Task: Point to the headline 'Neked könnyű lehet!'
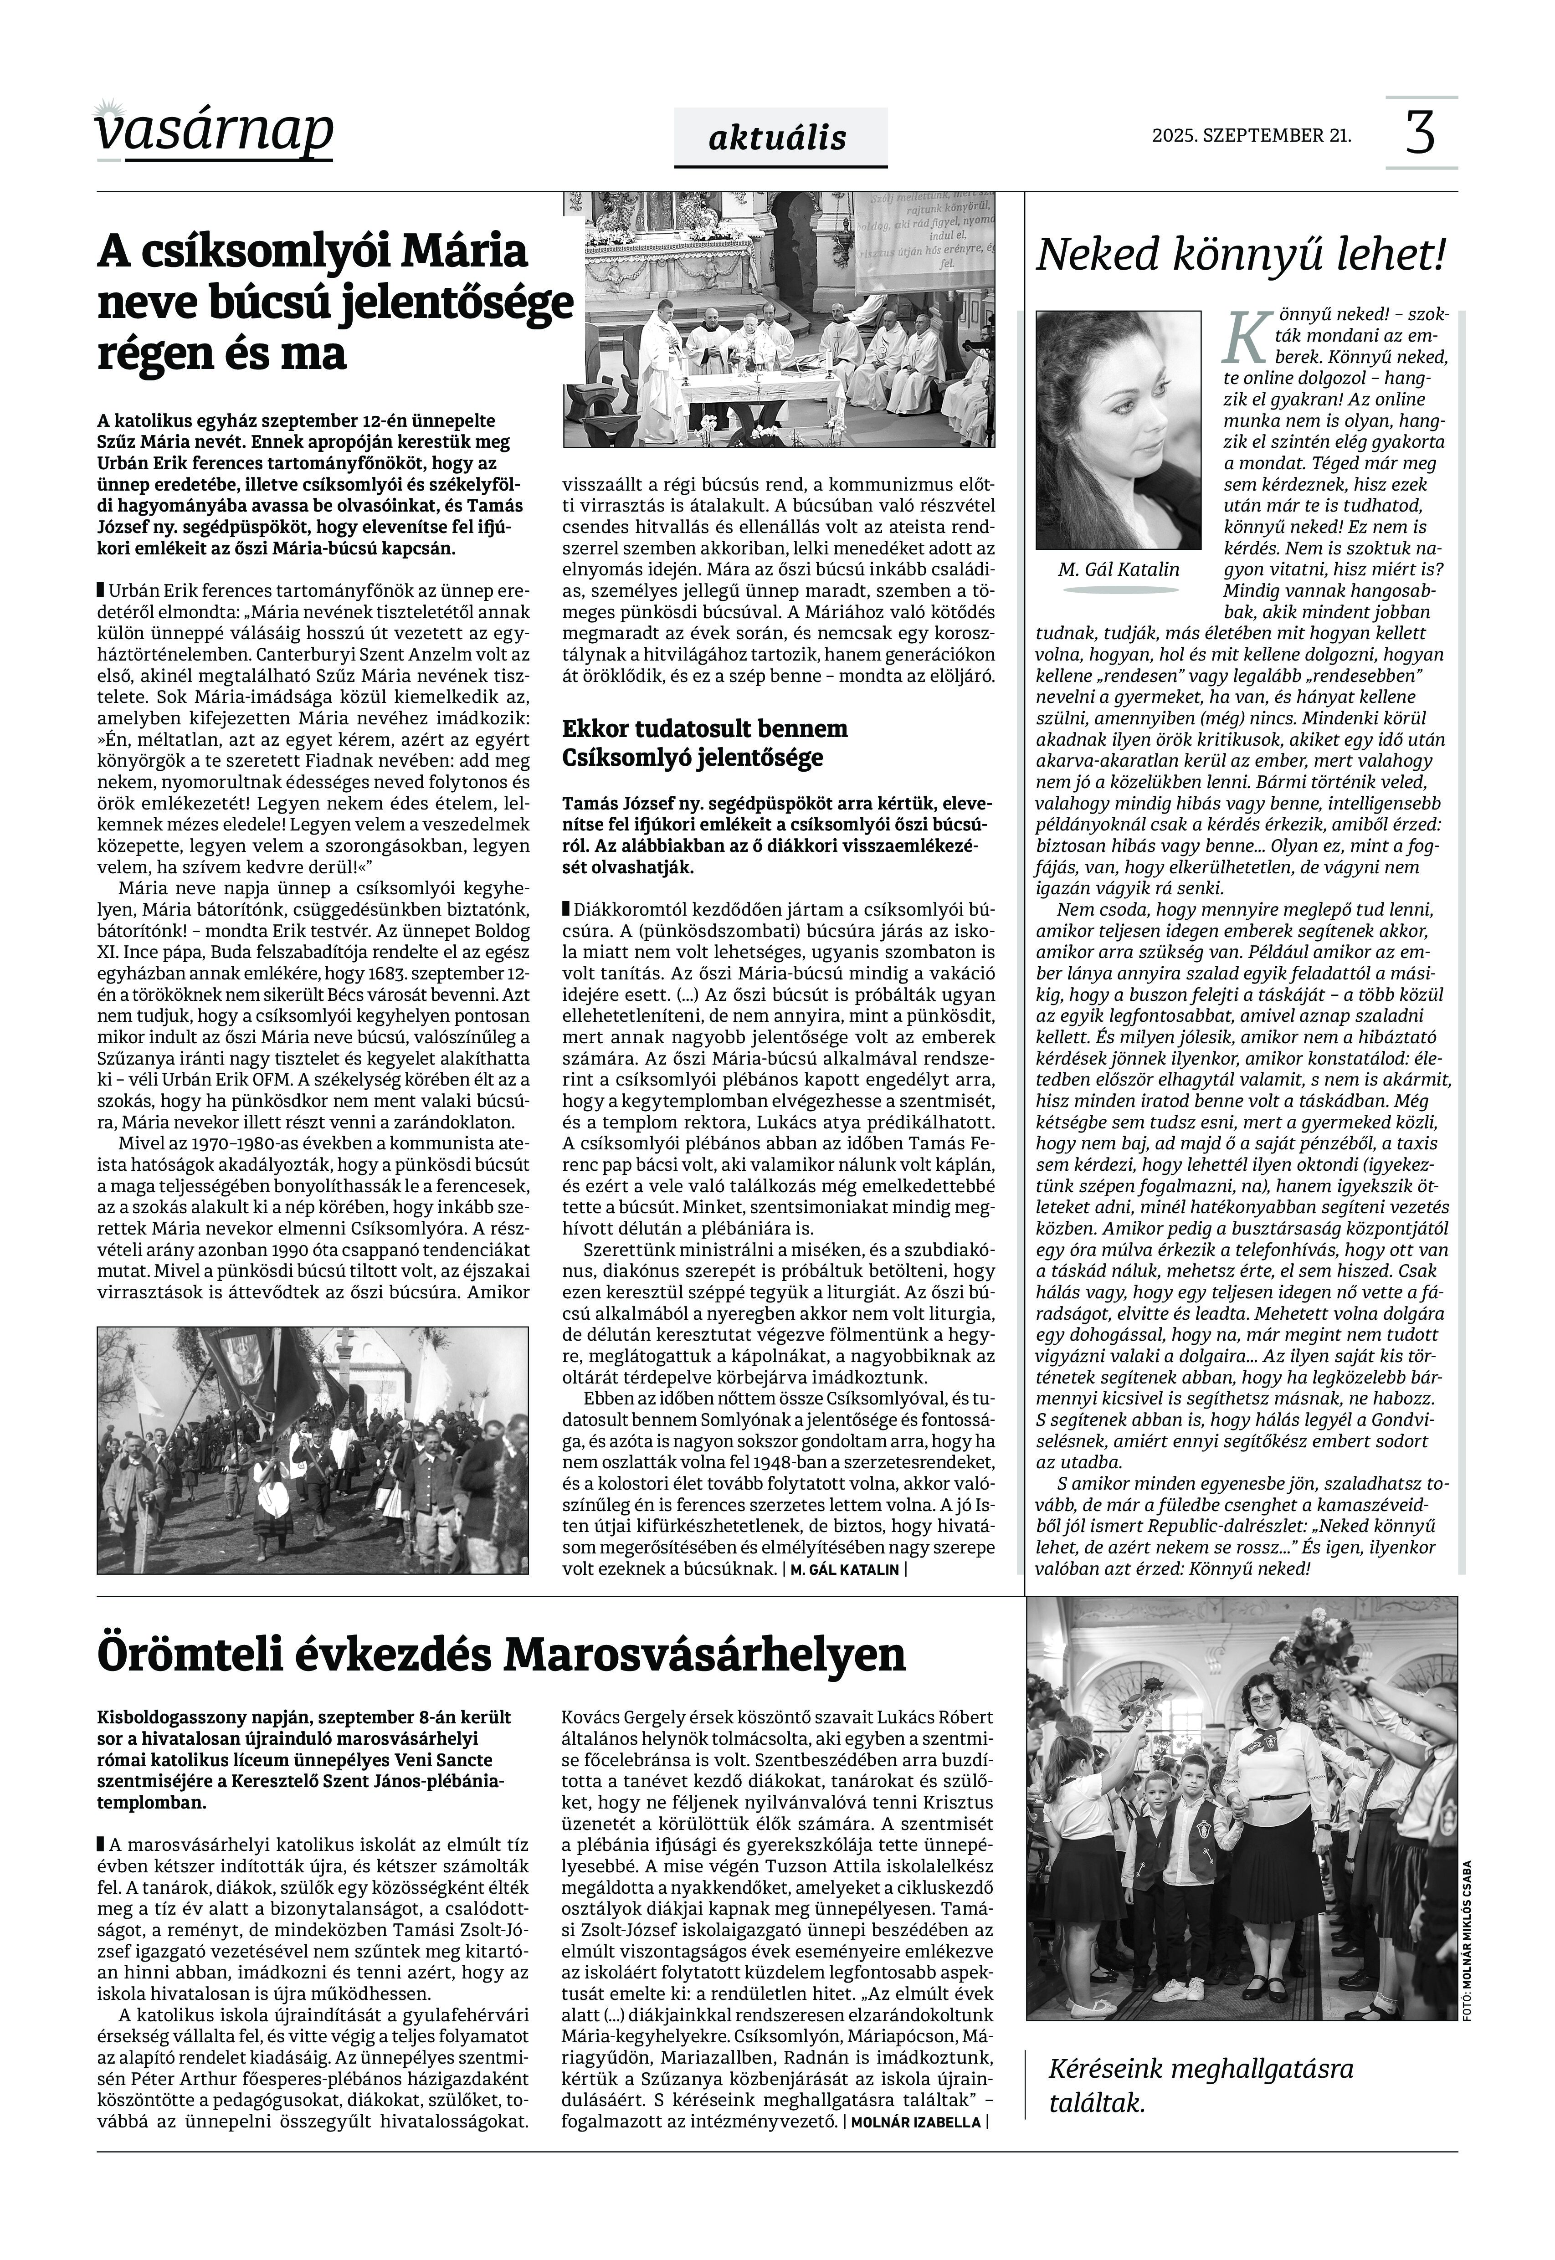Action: coord(1240,255)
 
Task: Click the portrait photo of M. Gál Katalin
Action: coord(1118,430)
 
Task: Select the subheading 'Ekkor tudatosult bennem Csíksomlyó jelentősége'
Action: coord(705,743)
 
